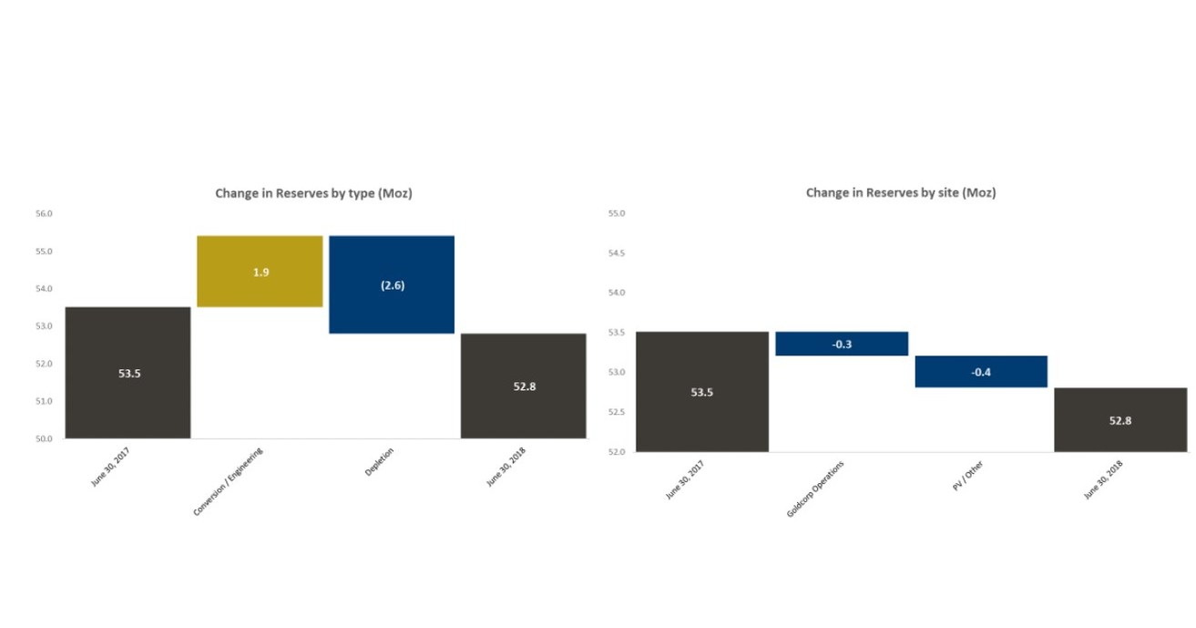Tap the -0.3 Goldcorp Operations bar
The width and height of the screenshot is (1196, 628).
pos(842,344)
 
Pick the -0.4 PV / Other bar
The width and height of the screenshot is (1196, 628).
pos(981,372)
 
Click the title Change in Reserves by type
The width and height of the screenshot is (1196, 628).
pos(313,193)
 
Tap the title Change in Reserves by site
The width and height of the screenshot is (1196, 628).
pos(900,193)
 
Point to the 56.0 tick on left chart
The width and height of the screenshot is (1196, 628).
pos(44,214)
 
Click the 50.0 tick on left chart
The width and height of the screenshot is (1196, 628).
pos(44,438)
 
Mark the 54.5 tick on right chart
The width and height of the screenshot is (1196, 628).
pos(617,253)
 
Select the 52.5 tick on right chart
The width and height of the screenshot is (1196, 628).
pos(617,412)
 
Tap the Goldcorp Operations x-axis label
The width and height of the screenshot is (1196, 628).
pos(815,489)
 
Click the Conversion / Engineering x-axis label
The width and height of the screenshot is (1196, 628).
pos(229,481)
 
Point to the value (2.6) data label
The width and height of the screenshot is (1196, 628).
pos(392,285)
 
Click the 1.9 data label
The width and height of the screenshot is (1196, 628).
pos(261,272)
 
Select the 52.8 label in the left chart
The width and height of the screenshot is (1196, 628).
pos(524,386)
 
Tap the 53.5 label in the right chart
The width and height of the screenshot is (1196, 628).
pos(701,392)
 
